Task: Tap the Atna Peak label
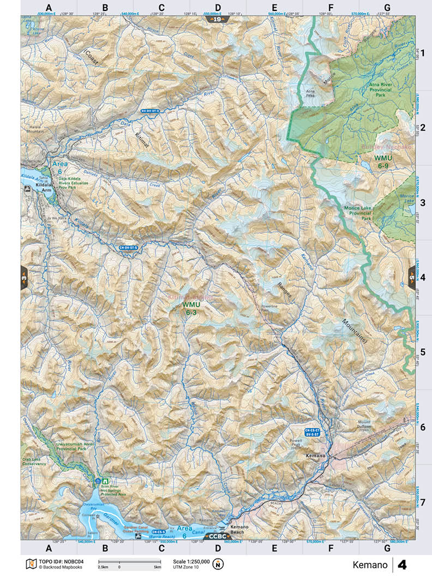point(311,93)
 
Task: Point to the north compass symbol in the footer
point(219,564)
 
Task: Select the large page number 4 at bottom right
point(402,564)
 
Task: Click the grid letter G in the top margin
point(387,8)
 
